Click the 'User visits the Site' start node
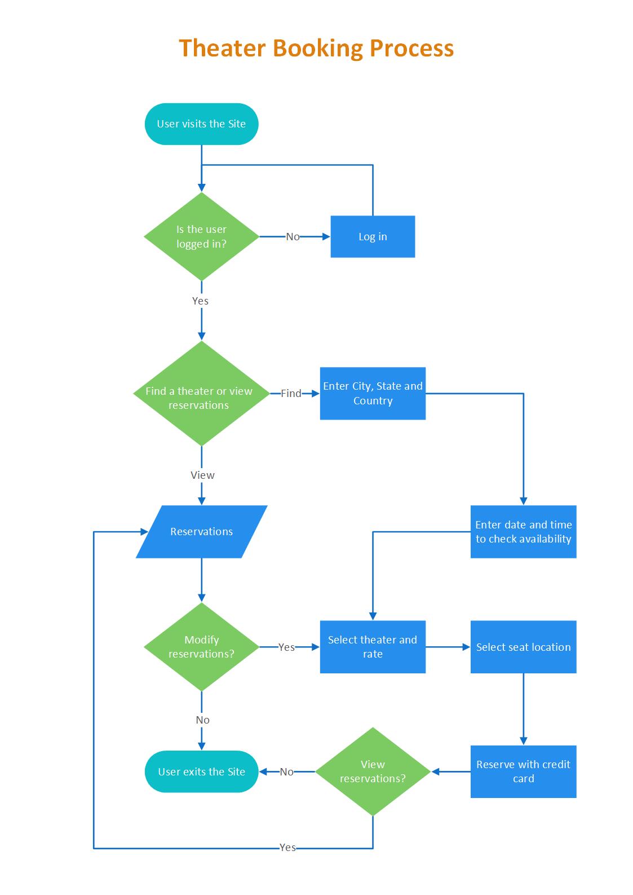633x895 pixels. (201, 124)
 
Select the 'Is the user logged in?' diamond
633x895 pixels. (201, 236)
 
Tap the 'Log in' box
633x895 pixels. (373, 236)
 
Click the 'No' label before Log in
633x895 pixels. (293, 237)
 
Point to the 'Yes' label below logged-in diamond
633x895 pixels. (200, 301)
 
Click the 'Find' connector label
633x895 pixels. (291, 394)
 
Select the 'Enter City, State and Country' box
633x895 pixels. (373, 394)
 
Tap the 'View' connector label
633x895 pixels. (202, 475)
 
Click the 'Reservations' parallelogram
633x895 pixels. (201, 532)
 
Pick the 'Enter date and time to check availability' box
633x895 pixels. (523, 532)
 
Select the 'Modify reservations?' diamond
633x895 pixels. (201, 647)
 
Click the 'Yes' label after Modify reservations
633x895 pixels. (286, 647)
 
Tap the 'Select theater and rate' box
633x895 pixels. (373, 647)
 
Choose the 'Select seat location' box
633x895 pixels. (523, 647)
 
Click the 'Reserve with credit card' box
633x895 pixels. (523, 771)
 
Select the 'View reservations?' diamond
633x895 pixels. (373, 771)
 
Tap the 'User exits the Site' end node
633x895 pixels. (201, 771)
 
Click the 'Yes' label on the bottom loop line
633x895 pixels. (287, 848)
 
